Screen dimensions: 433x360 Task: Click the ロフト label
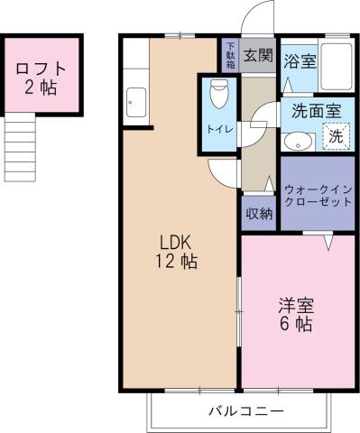click(x=41, y=67)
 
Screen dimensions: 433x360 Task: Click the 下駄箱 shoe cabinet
click(x=229, y=55)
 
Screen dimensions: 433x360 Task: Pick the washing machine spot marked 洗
click(x=335, y=137)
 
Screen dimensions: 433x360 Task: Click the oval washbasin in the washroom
click(x=295, y=141)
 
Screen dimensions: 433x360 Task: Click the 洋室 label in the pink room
click(x=296, y=304)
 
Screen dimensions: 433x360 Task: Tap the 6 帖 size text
click(x=296, y=326)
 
